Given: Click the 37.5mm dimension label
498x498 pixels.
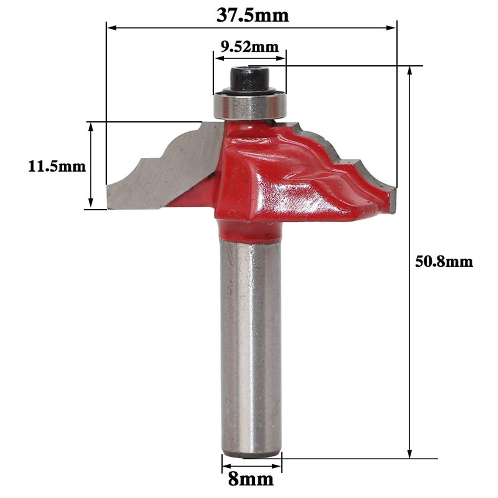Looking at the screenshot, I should coord(253,16).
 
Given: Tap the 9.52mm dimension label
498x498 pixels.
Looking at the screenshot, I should coord(249,47).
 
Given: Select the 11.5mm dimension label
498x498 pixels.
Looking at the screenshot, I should coord(57,167).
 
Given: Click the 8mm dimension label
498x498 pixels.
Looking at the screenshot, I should coord(251,480).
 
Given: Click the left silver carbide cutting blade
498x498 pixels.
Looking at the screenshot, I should coord(162,174).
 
